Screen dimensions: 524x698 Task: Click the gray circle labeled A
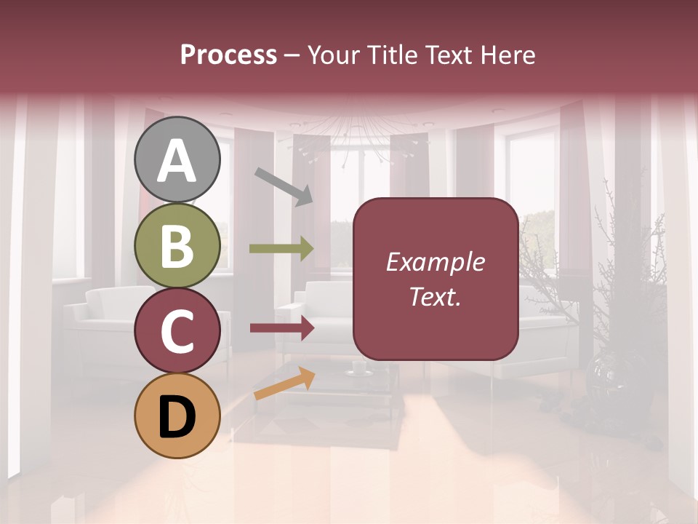coord(177,159)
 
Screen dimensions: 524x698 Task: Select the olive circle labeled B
coord(177,246)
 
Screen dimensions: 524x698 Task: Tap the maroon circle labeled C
coord(177,331)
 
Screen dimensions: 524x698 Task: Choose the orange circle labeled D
coord(177,416)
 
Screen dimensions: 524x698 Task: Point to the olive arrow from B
coord(281,249)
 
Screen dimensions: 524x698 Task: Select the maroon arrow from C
coord(281,328)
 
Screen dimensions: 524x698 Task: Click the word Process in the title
coord(228,55)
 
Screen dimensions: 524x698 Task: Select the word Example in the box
coord(435,262)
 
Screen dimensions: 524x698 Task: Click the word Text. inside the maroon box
coord(435,297)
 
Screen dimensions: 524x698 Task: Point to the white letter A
coord(177,161)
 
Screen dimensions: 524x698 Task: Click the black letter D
coord(177,417)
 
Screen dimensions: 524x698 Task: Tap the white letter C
coord(177,332)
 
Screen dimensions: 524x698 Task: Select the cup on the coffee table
coord(359,368)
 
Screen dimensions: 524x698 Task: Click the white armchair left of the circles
coord(102,320)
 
